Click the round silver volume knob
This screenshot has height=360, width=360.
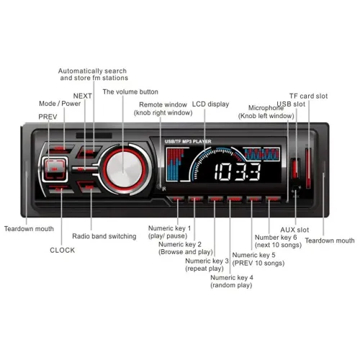[x=124, y=168]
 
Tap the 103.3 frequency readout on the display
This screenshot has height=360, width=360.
[x=237, y=172]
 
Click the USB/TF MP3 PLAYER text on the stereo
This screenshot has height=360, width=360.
[x=188, y=141]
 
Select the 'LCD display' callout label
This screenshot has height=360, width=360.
[x=210, y=104]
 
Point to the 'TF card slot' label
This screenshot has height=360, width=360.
[x=308, y=96]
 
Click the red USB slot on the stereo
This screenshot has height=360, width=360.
[x=295, y=168]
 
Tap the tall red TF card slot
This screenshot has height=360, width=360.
[x=308, y=168]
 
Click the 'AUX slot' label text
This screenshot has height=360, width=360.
[x=294, y=230]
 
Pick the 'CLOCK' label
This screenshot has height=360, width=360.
[x=63, y=250]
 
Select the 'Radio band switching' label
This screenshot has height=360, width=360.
[x=104, y=236]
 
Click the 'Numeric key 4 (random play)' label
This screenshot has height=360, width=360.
[x=232, y=282]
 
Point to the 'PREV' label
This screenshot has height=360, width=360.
[x=48, y=117]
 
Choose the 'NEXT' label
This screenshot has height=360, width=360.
[x=82, y=96]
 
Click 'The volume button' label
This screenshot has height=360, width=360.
[x=130, y=91]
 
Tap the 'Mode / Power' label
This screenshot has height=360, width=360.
[x=60, y=104]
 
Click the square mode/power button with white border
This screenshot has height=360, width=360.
[x=55, y=169]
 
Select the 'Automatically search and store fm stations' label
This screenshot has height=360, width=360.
[x=93, y=74]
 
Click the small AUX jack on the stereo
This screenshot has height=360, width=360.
[x=296, y=189]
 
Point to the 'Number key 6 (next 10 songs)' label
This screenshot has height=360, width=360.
[x=278, y=241]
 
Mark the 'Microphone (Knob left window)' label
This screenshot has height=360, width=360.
[x=266, y=112]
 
